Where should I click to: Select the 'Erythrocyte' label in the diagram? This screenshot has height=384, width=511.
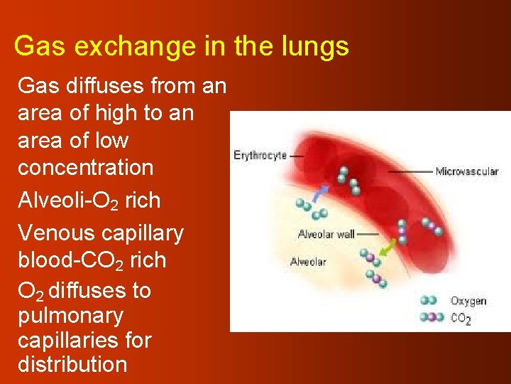pos(260,155)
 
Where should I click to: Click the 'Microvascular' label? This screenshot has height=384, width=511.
pos(466,171)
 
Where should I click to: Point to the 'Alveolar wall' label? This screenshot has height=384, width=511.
pos(326,235)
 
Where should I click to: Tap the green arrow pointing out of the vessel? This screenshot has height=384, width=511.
pos(388,248)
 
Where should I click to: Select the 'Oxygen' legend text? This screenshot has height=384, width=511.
pos(468,301)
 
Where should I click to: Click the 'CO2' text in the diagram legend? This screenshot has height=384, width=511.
pos(461,319)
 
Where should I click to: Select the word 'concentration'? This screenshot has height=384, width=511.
pos(85,168)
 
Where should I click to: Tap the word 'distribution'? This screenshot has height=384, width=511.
pos(72,365)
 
